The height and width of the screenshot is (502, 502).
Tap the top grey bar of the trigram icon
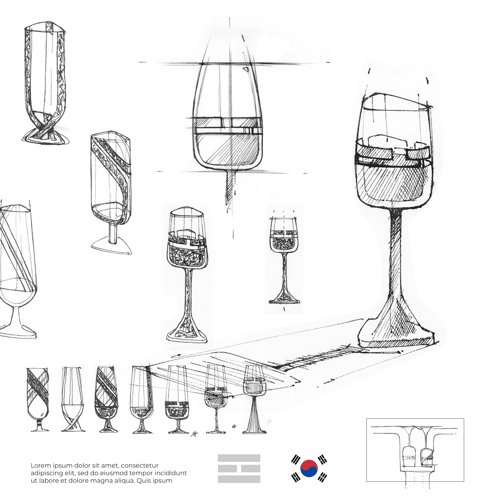239,458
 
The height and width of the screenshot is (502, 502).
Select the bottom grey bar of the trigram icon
239,479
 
